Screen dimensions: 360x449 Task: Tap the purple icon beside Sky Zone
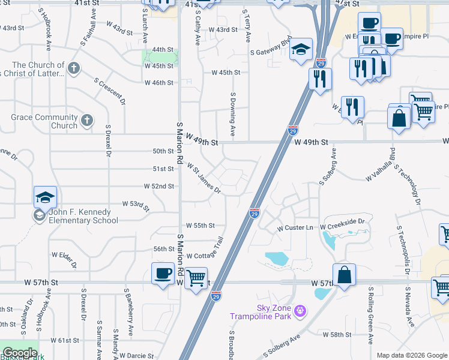[300, 311]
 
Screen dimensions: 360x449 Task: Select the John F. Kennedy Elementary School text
[80, 216]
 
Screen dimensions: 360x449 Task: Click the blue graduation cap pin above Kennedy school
[45, 197]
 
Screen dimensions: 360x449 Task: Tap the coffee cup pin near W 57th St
[162, 274]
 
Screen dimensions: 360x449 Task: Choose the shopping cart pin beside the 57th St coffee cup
[196, 278]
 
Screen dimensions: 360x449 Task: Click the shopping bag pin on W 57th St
[344, 275]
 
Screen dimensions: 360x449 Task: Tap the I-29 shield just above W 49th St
[292, 130]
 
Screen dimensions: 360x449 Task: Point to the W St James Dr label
[204, 178]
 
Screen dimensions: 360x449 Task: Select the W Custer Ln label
[295, 229]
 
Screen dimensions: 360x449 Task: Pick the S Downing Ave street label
[232, 113]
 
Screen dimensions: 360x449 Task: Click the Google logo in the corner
[19, 353]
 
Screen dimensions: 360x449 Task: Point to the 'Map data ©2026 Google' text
[412, 355]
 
